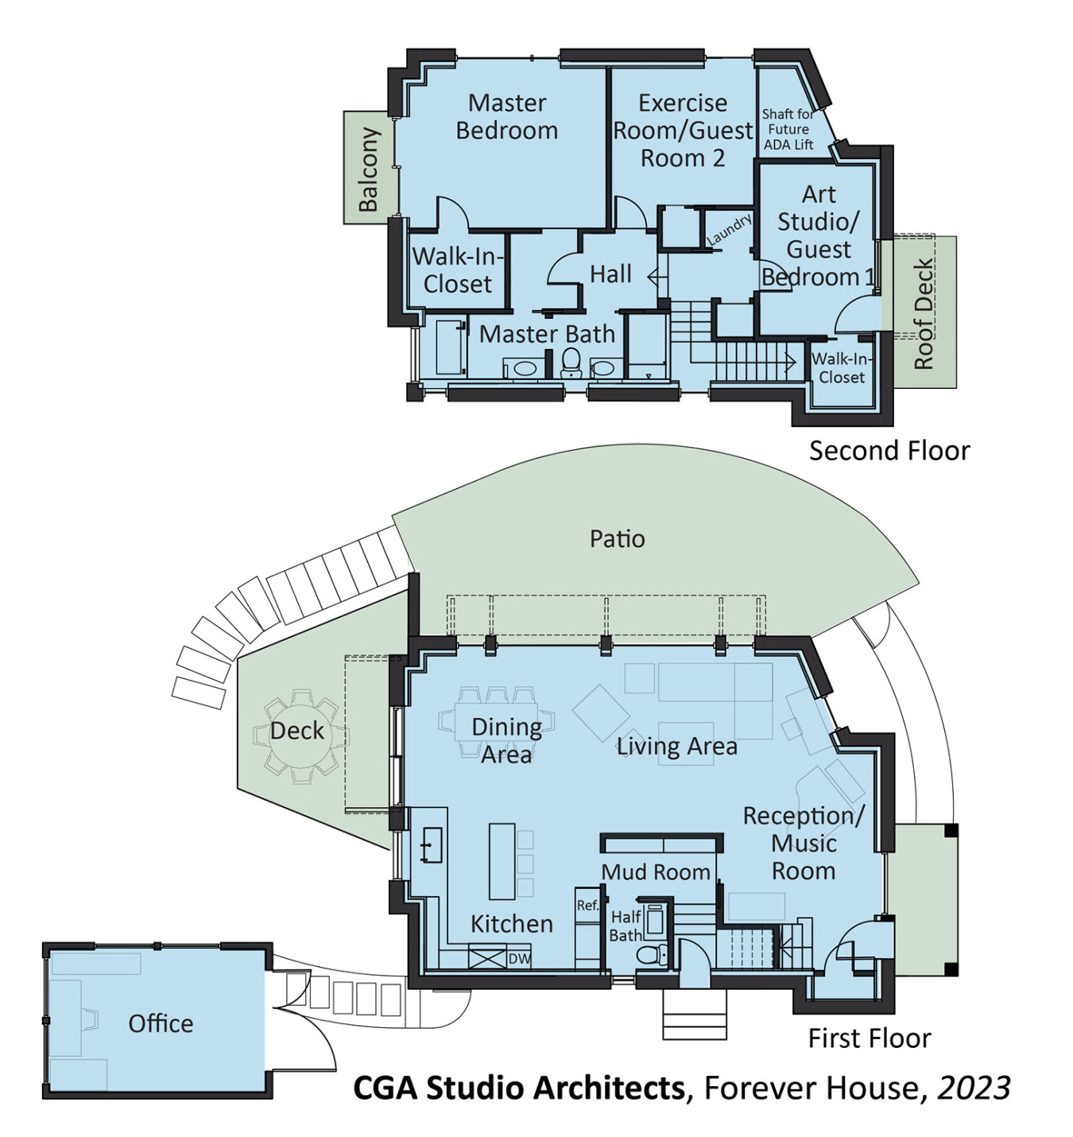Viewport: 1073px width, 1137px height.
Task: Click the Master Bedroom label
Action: [x=506, y=116]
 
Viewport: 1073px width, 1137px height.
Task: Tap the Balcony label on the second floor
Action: [x=368, y=169]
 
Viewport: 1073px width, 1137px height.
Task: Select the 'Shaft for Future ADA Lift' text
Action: [x=788, y=130]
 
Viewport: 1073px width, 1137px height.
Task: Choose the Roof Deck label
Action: [x=924, y=314]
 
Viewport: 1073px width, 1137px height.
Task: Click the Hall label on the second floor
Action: [x=610, y=274]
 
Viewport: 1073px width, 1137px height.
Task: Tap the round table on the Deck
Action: [x=298, y=732]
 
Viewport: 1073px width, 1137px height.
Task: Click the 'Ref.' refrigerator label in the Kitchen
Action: [x=587, y=906]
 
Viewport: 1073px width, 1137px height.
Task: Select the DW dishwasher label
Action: [x=519, y=958]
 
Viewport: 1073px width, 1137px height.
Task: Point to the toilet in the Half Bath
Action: [x=654, y=953]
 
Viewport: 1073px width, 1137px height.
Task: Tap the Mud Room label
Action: [x=656, y=872]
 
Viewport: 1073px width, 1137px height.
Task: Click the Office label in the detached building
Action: [x=161, y=1023]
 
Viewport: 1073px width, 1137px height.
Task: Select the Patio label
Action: [x=617, y=539]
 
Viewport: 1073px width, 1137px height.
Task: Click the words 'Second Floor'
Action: [x=889, y=451]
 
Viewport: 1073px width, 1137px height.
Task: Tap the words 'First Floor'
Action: [x=869, y=1038]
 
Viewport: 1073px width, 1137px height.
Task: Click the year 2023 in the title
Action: [x=974, y=1088]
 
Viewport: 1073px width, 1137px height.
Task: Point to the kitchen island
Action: [x=502, y=861]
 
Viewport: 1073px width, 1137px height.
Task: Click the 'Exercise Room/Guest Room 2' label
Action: [x=682, y=130]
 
